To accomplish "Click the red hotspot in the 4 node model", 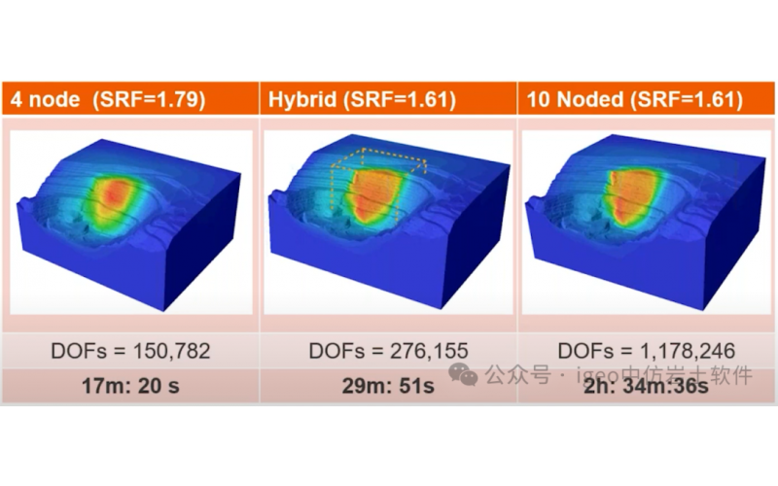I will [x=118, y=195].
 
